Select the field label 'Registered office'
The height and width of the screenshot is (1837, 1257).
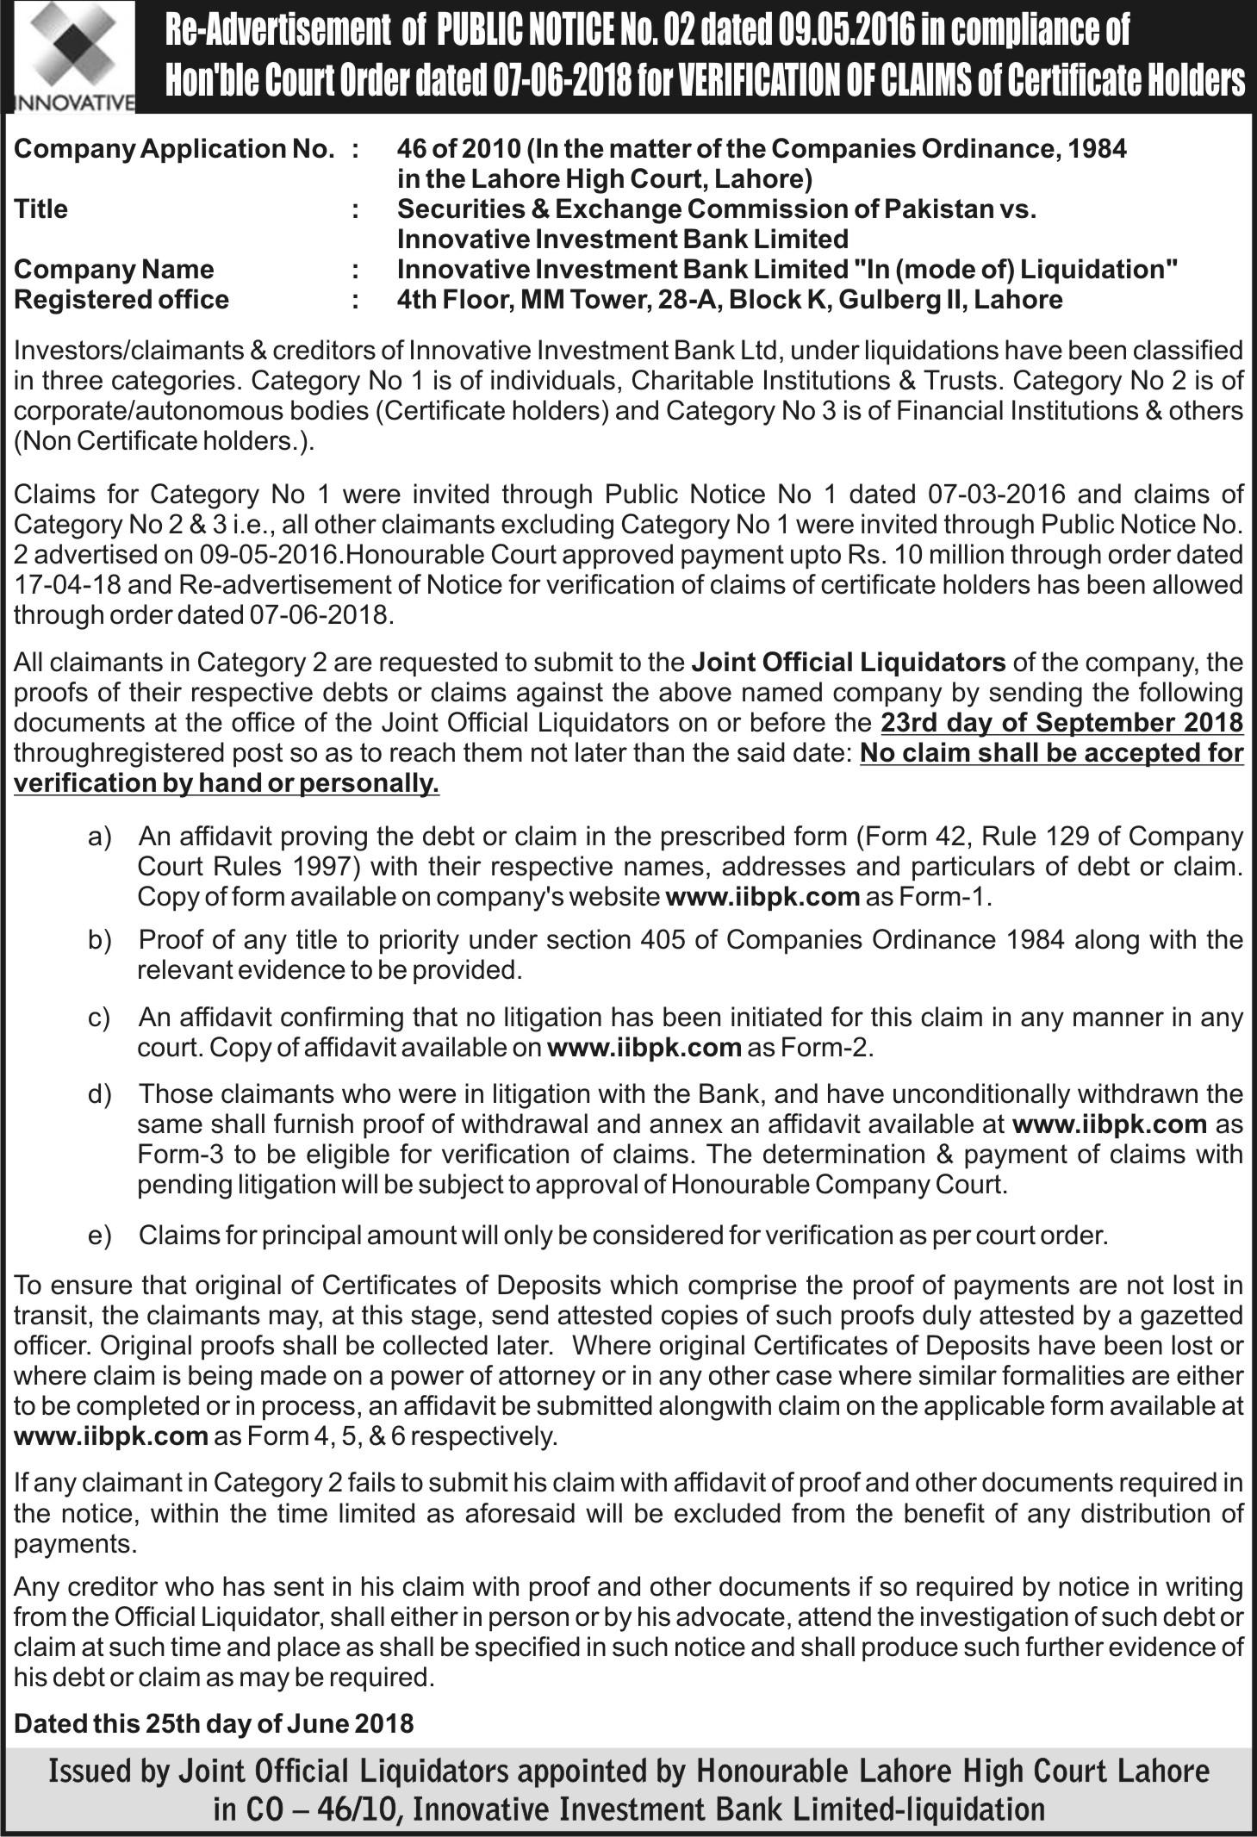121,300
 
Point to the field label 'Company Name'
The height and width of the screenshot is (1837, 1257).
114,270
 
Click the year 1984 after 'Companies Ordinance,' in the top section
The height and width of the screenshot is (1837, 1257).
1096,149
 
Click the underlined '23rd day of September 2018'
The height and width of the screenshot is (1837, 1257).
1062,723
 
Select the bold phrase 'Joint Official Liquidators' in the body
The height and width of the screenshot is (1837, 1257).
848,663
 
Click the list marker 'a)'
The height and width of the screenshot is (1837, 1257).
100,837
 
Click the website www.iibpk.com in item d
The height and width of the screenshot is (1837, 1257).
1110,1124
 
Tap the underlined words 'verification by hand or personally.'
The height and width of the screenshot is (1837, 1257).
227,784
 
